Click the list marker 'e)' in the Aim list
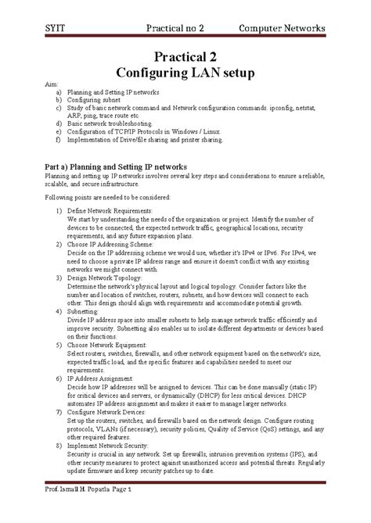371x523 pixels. click(x=57, y=131)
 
